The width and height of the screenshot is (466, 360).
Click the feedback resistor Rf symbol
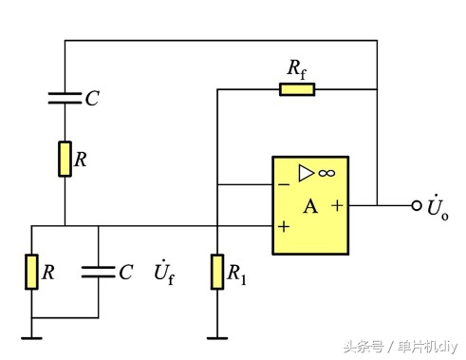(x=297, y=89)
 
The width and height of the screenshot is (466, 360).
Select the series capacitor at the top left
(x=65, y=97)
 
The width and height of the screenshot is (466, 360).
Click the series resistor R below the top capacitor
(x=65, y=159)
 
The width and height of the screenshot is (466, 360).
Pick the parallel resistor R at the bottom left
(x=32, y=273)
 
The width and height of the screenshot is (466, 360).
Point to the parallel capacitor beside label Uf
(x=98, y=273)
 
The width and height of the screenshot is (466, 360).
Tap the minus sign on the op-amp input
(x=283, y=182)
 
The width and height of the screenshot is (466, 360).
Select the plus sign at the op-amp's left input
(x=283, y=228)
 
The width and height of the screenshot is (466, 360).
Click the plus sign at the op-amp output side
(x=337, y=204)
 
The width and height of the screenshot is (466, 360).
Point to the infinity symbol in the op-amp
(x=326, y=173)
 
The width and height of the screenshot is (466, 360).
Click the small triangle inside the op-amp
(x=306, y=173)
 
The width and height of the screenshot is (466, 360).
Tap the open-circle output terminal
(x=416, y=204)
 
